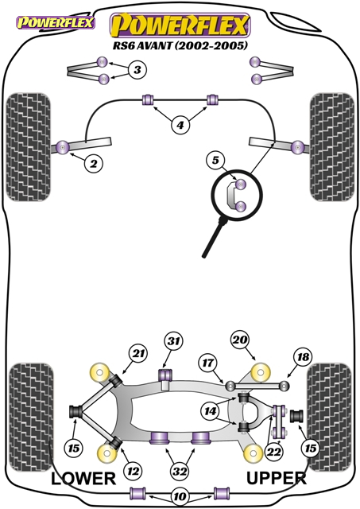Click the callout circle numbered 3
(137, 69)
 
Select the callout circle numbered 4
(180, 125)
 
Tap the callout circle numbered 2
(94, 163)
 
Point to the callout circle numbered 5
(215, 160)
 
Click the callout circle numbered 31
(173, 341)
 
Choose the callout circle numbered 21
(138, 353)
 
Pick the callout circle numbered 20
(240, 340)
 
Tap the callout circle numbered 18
(303, 357)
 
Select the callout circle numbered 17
(208, 363)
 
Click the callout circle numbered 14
(210, 412)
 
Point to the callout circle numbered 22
(273, 451)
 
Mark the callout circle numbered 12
(134, 471)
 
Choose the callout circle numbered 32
(180, 471)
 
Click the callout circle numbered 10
(180, 496)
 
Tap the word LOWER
(83, 479)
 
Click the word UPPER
(277, 478)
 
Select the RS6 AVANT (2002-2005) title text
(180, 45)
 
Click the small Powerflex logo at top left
(56, 23)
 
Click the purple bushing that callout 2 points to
(64, 148)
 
